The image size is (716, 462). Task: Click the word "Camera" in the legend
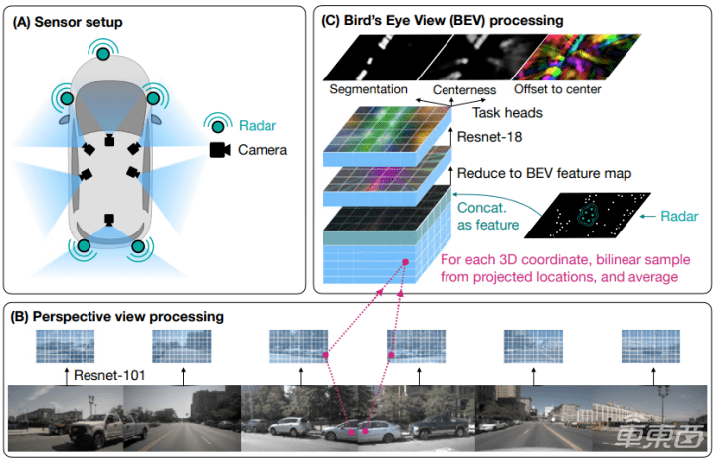(264, 150)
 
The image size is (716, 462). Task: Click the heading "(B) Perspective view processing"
(117, 316)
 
